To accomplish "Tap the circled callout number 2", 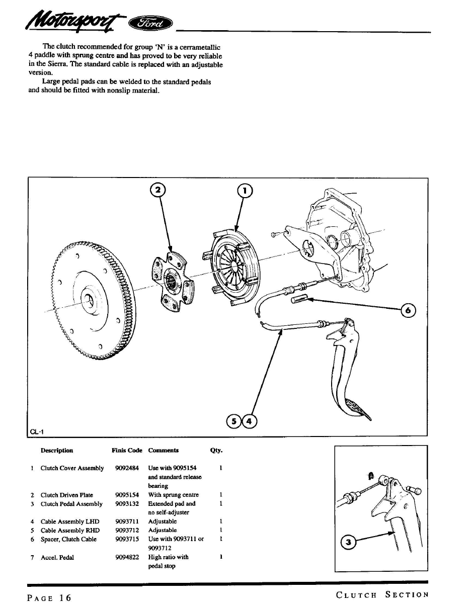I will click(x=158, y=190).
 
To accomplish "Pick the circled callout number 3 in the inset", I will click(x=348, y=542).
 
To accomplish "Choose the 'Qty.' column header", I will click(x=216, y=451).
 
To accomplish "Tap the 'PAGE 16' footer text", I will click(x=49, y=598).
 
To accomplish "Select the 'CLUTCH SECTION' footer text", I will click(x=382, y=595).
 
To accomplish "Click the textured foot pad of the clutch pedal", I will click(x=358, y=408).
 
